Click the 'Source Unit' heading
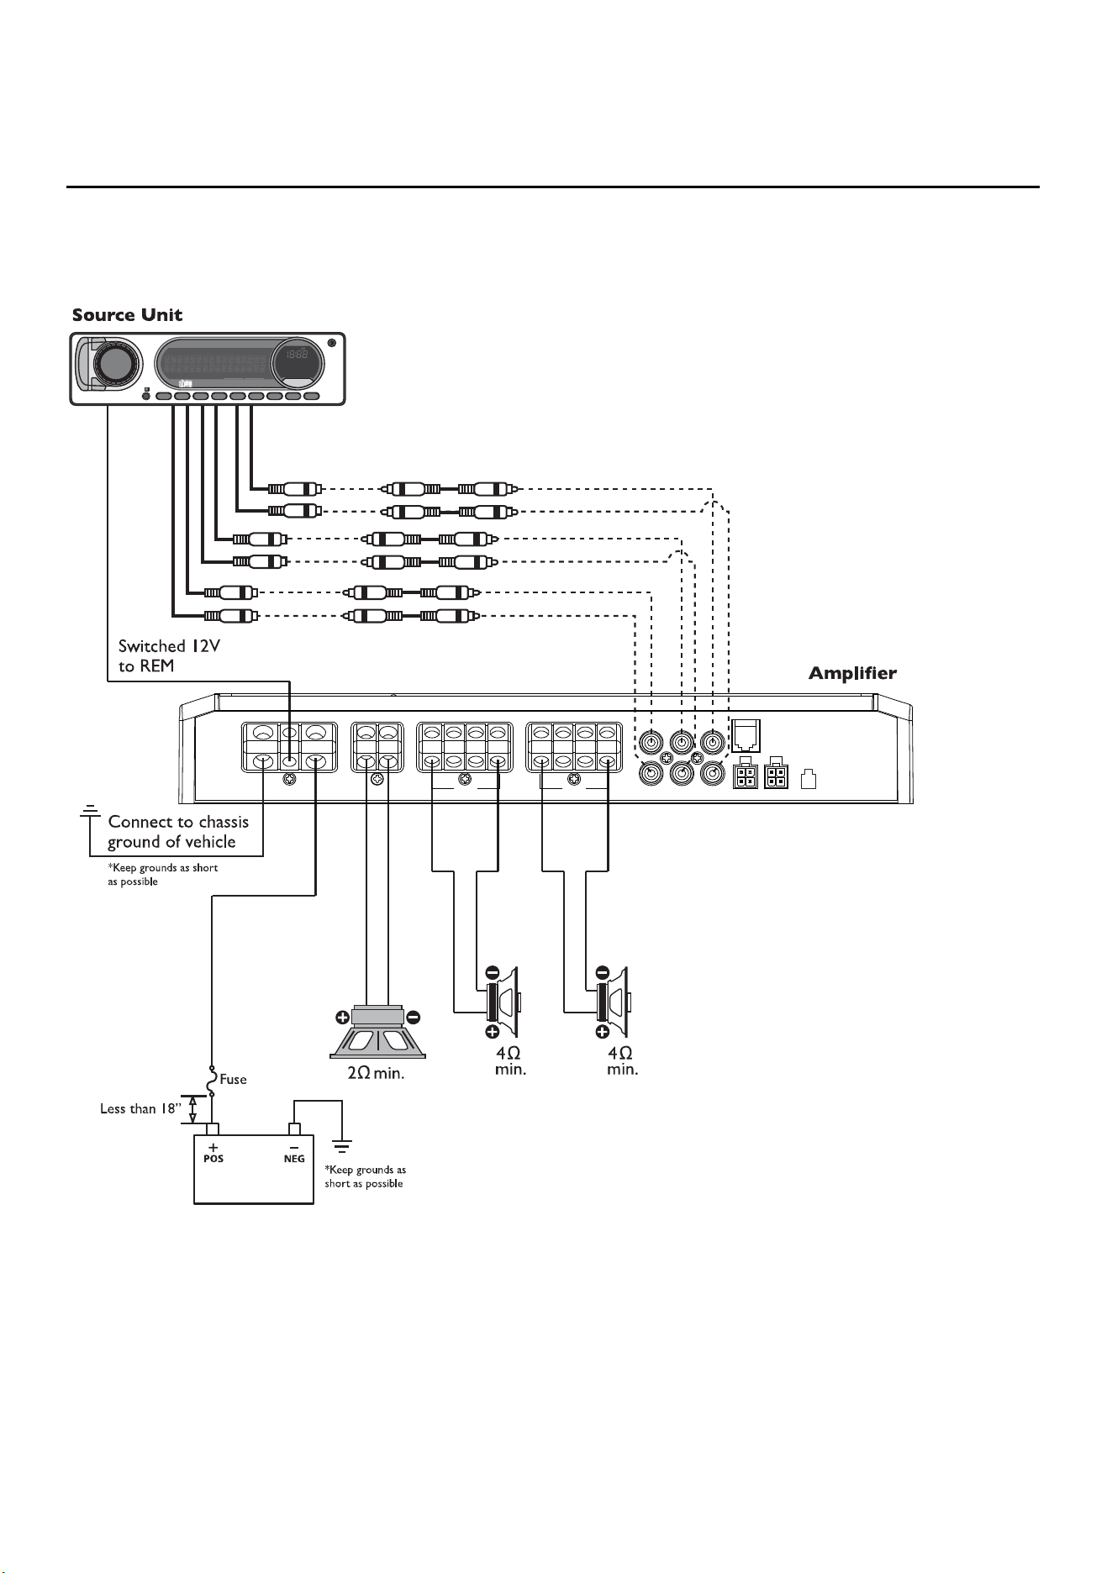click(127, 315)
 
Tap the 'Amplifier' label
click(852, 673)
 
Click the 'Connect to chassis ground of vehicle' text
click(177, 832)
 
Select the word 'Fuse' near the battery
click(233, 1079)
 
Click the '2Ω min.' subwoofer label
click(377, 1073)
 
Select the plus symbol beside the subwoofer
click(343, 1018)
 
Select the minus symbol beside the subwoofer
click(414, 1018)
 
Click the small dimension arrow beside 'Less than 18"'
click(192, 1110)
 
